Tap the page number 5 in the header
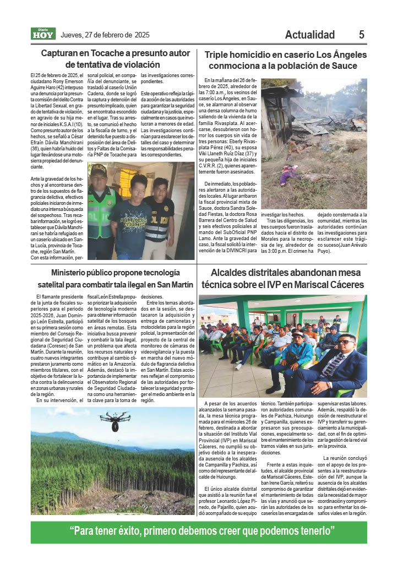click(x=362, y=35)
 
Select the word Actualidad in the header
click(x=310, y=35)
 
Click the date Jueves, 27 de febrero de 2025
click(x=105, y=35)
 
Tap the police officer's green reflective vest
click(x=101, y=211)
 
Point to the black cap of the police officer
click(x=99, y=170)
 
